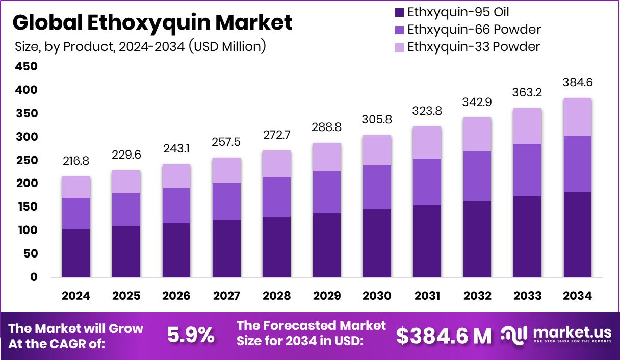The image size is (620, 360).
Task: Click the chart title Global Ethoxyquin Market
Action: click(152, 23)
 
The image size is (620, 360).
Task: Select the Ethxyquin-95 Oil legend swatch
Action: click(399, 12)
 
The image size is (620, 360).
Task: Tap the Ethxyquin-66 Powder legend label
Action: click(474, 30)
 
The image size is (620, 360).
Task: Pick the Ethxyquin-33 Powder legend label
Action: click(474, 47)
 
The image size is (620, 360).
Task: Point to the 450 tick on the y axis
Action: click(26, 67)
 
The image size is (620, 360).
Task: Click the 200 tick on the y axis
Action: click(26, 184)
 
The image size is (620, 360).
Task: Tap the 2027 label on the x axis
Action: click(226, 296)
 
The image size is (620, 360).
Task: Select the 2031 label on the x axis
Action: click(427, 296)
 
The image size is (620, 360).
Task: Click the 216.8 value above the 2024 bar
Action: click(76, 161)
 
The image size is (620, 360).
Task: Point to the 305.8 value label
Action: click(377, 119)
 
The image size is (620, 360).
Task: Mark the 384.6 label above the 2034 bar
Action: click(578, 83)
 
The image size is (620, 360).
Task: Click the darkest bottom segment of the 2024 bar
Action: click(76, 253)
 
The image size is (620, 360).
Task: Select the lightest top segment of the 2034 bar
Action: click(578, 117)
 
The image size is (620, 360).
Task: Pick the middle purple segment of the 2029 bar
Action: click(327, 192)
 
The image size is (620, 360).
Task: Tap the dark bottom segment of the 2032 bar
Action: click(477, 239)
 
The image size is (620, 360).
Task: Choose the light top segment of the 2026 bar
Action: click(176, 176)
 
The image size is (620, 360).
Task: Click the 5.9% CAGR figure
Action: click(191, 336)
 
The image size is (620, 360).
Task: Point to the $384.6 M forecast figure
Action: click(444, 336)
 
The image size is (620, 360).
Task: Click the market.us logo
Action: click(555, 335)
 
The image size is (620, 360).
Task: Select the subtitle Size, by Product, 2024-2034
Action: click(140, 47)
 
